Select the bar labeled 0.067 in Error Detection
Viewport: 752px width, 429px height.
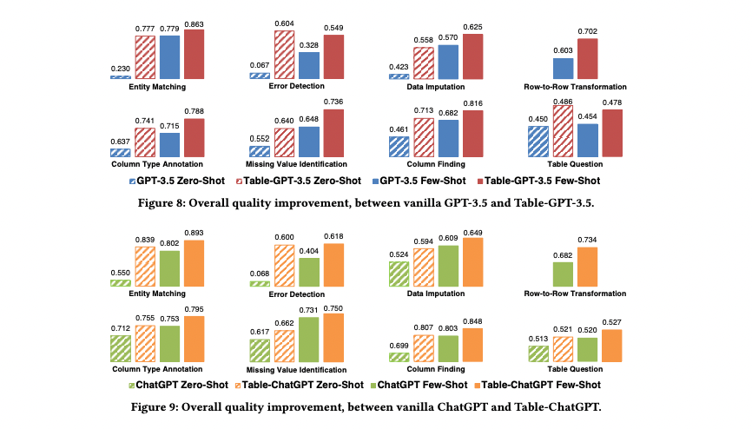(259, 76)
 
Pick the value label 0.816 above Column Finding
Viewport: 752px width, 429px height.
(472, 103)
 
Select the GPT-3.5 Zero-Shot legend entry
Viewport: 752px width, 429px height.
(181, 181)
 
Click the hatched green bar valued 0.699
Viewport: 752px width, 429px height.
(399, 353)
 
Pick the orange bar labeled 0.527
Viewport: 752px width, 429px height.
(612, 346)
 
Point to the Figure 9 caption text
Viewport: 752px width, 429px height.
(375, 404)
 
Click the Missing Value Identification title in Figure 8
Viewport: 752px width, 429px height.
(297, 163)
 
